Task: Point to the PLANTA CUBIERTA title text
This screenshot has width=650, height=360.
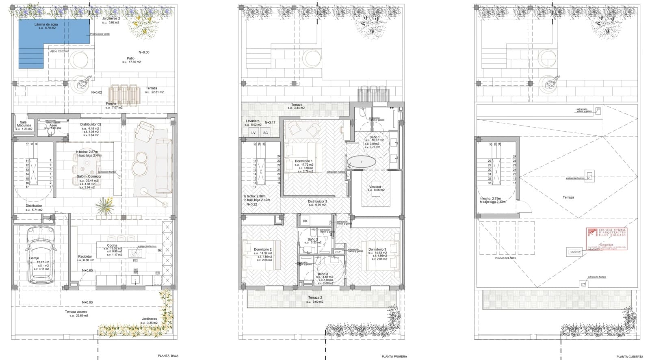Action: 630,356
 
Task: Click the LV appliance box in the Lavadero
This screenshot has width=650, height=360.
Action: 253,132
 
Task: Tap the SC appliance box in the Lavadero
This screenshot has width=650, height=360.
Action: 266,132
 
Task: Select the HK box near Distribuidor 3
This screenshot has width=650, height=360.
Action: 305,221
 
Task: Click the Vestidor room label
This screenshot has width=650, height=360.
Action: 375,187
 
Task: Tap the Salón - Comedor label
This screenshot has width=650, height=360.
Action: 89,176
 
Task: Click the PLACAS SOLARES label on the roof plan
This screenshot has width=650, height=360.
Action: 505,258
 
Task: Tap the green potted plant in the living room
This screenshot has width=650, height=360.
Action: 105,206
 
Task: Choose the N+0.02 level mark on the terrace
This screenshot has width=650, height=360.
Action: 97,92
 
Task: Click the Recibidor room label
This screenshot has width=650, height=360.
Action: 85,256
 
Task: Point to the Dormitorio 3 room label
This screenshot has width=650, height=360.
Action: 377,249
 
